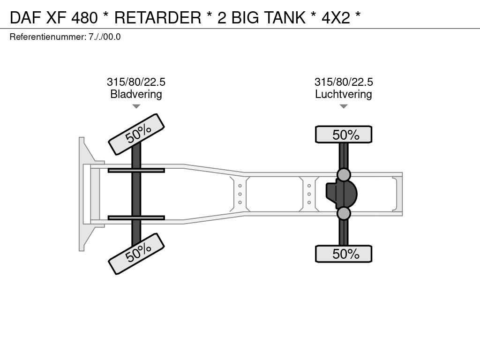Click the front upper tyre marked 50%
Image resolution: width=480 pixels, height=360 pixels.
136,135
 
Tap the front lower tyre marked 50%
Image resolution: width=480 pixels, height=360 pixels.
136,254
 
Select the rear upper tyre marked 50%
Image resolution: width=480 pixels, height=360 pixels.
344,135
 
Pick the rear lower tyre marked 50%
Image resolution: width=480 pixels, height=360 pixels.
344,254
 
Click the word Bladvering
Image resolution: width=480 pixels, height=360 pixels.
136,94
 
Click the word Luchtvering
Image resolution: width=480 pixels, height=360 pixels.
344,94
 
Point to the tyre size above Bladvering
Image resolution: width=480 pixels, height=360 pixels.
136,82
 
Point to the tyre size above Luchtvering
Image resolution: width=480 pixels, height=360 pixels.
344,82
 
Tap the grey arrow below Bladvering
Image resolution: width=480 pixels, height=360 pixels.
136,106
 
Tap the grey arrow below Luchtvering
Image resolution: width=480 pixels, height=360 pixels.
344,106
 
